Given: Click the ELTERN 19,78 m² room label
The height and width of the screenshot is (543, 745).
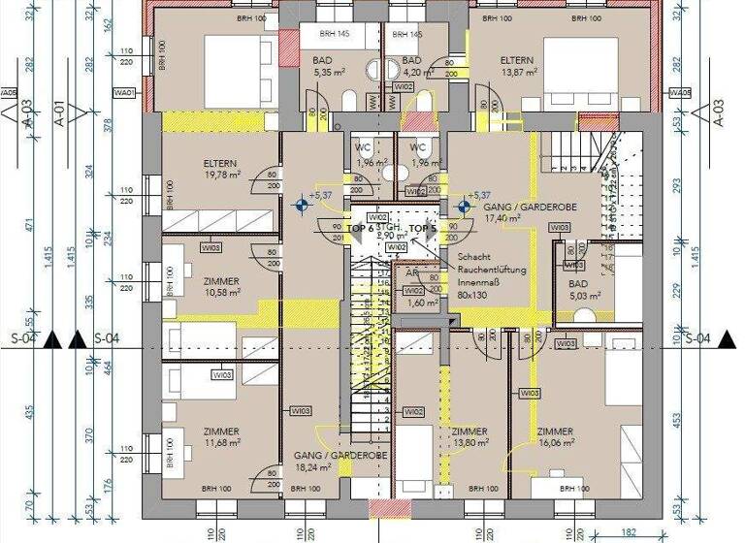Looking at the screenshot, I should click(x=221, y=170).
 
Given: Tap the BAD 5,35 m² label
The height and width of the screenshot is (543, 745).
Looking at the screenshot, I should click(x=323, y=65).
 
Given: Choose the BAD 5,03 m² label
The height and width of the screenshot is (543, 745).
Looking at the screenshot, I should click(x=586, y=289).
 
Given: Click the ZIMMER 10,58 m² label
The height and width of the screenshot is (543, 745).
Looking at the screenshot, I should click(x=221, y=287).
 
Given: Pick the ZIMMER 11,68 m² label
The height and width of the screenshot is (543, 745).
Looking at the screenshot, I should click(x=221, y=437).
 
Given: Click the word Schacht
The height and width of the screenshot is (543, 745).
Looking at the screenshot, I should click(x=476, y=257).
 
